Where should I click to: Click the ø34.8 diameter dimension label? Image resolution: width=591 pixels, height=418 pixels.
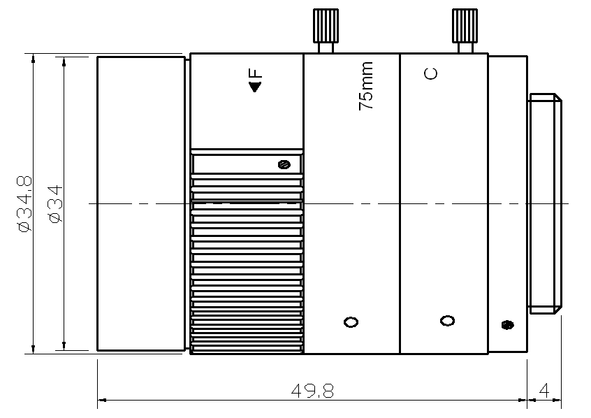tap(25, 204)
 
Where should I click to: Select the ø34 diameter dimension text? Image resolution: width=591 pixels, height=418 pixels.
tap(56, 204)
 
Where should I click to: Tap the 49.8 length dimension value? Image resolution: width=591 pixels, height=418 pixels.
tap(312, 391)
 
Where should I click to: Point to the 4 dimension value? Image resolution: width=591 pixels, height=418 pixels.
tap(544, 391)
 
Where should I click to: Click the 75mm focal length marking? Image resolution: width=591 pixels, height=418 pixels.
tap(366, 86)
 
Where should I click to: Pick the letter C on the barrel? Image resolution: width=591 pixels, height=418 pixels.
tap(431, 73)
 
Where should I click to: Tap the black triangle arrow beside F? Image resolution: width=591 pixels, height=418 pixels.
tap(255, 87)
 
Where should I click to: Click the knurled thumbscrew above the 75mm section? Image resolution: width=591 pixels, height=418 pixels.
tap(326, 31)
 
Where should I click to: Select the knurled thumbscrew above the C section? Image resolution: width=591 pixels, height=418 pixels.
tap(465, 31)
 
